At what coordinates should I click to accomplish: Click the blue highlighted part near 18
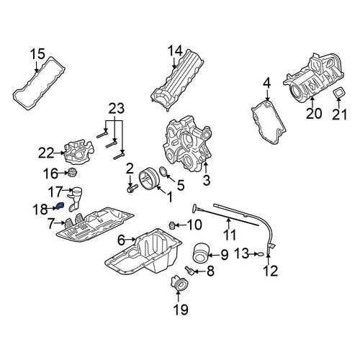pyautogui.click(x=60, y=206)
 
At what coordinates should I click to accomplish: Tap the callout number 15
pyautogui.click(x=37, y=54)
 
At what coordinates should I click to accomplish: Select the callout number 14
pyautogui.click(x=175, y=51)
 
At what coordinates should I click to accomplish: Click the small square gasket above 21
pyautogui.click(x=338, y=93)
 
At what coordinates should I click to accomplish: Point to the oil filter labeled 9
pyautogui.click(x=201, y=253)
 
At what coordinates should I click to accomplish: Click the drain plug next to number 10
pyautogui.click(x=171, y=225)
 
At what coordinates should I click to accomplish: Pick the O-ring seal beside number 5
pyautogui.click(x=163, y=172)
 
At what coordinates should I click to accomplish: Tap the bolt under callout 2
pyautogui.click(x=132, y=189)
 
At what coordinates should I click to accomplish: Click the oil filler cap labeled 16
pyautogui.click(x=72, y=173)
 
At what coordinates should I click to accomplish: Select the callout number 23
pyautogui.click(x=117, y=109)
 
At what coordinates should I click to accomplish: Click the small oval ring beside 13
pyautogui.click(x=261, y=254)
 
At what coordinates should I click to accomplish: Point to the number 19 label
pyautogui.click(x=181, y=309)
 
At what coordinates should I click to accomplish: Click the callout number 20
pyautogui.click(x=314, y=113)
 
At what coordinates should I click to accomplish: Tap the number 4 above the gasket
pyautogui.click(x=267, y=84)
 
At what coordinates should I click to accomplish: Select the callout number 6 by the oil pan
pyautogui.click(x=121, y=240)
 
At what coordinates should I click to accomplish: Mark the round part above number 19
pyautogui.click(x=179, y=284)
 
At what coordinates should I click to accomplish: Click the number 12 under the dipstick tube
pyautogui.click(x=270, y=270)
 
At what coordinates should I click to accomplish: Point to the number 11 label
pyautogui.click(x=230, y=235)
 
